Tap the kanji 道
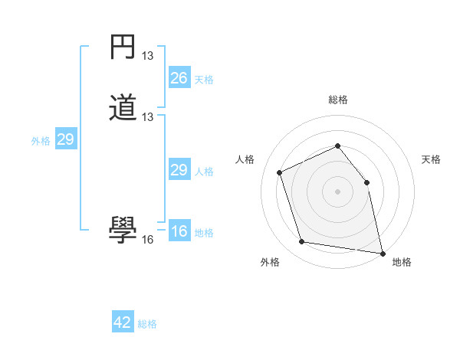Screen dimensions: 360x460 pos(123,109)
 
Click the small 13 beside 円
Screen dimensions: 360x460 pos(148,56)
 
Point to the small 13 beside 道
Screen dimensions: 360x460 pos(148,117)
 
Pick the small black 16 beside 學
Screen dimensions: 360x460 pos(148,239)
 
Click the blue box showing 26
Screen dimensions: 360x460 pos(179,78)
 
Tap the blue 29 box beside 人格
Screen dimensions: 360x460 pos(179,170)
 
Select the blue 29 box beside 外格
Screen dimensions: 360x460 pos(65,140)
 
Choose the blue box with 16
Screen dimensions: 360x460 pos(179,231)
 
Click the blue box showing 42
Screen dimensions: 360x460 pos(123,322)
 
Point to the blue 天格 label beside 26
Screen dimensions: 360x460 pos(204,80)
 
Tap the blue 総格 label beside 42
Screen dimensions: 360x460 pos(147,324)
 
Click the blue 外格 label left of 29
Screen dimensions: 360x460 pos(40,141)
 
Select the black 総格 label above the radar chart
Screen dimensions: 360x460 pos(337,100)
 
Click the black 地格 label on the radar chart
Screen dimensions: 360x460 pos(402,263)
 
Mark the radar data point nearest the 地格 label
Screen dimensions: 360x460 pos(382,252)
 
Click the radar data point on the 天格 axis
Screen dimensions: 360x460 pos(366,182)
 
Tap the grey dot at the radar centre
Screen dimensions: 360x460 pos(337,191)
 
